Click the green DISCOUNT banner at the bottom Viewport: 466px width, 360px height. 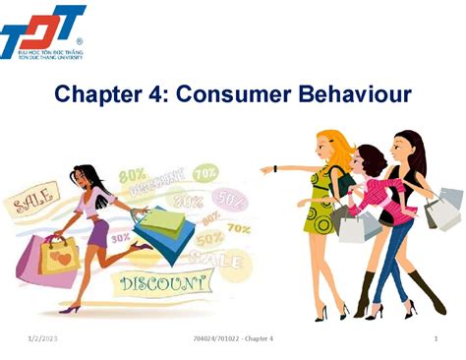point(164,284)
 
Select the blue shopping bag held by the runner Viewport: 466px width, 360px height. point(162,230)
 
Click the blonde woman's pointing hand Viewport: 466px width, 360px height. point(265,169)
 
